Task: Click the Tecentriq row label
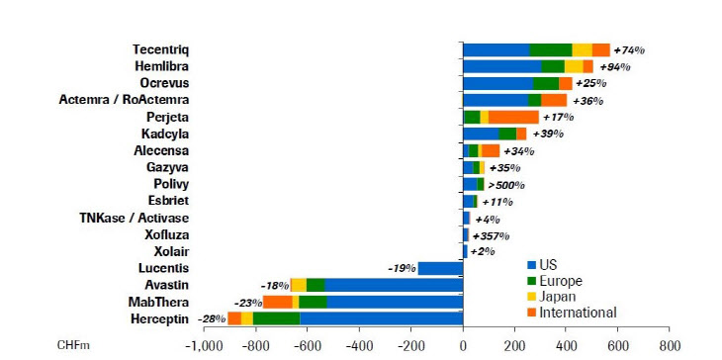pyautogui.click(x=160, y=49)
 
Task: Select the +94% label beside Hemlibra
pyautogui.click(x=615, y=66)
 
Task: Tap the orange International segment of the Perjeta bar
pyautogui.click(x=513, y=117)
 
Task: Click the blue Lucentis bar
pyautogui.click(x=440, y=268)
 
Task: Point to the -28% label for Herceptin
pyautogui.click(x=213, y=318)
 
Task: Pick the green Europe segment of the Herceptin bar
pyautogui.click(x=276, y=318)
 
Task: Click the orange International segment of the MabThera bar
pyautogui.click(x=278, y=302)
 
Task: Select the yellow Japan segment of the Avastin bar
pyautogui.click(x=299, y=285)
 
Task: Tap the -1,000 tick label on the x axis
pyautogui.click(x=204, y=345)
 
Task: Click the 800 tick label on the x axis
pyautogui.click(x=669, y=345)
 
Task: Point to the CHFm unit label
pyautogui.click(x=73, y=345)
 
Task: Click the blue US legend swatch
pyautogui.click(x=532, y=265)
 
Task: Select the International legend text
pyautogui.click(x=578, y=313)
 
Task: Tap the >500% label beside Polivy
pyautogui.click(x=506, y=185)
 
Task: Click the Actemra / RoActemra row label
pyautogui.click(x=124, y=100)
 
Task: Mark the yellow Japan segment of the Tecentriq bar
pyautogui.click(x=582, y=49)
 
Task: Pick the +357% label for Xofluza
pyautogui.click(x=491, y=236)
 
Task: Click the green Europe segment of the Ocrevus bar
pyautogui.click(x=546, y=83)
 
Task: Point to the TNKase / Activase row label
pyautogui.click(x=134, y=218)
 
